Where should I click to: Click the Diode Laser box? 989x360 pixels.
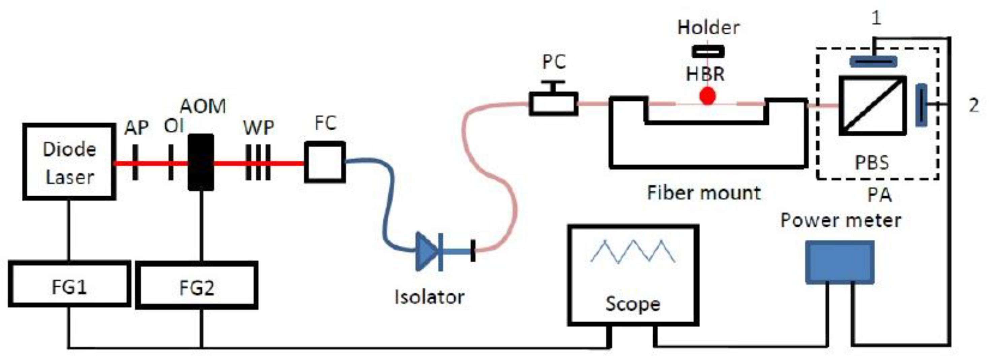pyautogui.click(x=69, y=162)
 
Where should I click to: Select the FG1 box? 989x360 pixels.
pyautogui.click(x=69, y=284)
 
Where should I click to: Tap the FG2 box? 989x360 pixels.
pyautogui.click(x=197, y=285)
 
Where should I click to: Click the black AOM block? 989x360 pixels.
pyautogui.click(x=200, y=162)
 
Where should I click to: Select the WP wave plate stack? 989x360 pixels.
pyautogui.click(x=258, y=162)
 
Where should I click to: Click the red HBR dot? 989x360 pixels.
pyautogui.click(x=707, y=96)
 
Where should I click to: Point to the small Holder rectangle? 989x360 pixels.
pyautogui.click(x=708, y=51)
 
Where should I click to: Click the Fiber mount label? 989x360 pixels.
pyautogui.click(x=703, y=193)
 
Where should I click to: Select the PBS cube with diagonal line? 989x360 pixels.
pyautogui.click(x=872, y=105)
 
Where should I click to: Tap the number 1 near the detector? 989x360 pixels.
pyautogui.click(x=876, y=18)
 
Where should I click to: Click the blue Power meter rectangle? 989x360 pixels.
pyautogui.click(x=839, y=262)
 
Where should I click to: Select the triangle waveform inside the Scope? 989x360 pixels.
pyautogui.click(x=633, y=252)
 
